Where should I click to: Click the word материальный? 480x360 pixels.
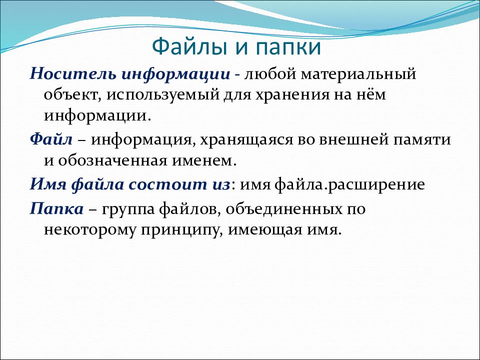[x=358, y=74]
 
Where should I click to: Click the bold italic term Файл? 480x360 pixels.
[x=51, y=139]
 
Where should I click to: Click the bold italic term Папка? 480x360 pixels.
[x=56, y=209]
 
